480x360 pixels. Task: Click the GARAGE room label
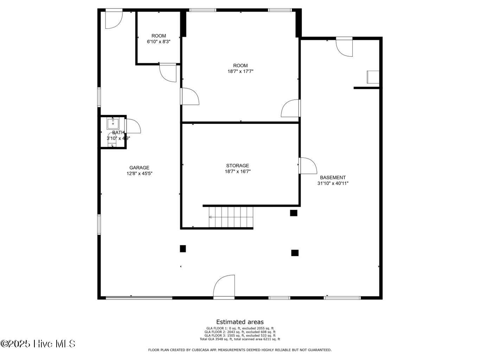pos(139,168)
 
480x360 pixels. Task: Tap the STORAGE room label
pos(237,166)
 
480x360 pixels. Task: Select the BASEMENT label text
pos(333,178)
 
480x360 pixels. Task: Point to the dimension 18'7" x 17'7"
pos(240,71)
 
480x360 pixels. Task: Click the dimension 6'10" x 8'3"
pos(159,41)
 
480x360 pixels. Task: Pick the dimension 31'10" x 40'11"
pos(333,183)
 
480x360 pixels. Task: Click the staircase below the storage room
pos(231,217)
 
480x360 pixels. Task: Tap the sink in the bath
pos(113,123)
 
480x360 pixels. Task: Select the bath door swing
pos(133,127)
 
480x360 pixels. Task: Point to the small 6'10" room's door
pos(168,72)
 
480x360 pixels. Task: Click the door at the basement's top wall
pos(344,47)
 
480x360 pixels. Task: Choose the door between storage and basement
pos(307,166)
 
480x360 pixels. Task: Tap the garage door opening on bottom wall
pos(139,298)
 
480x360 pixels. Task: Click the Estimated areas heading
pos(240,322)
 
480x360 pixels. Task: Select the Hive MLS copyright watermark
pos(38,343)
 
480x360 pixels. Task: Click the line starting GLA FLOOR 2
pos(240,332)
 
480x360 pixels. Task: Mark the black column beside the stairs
pos(294,213)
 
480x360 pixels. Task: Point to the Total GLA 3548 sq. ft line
pos(240,339)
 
